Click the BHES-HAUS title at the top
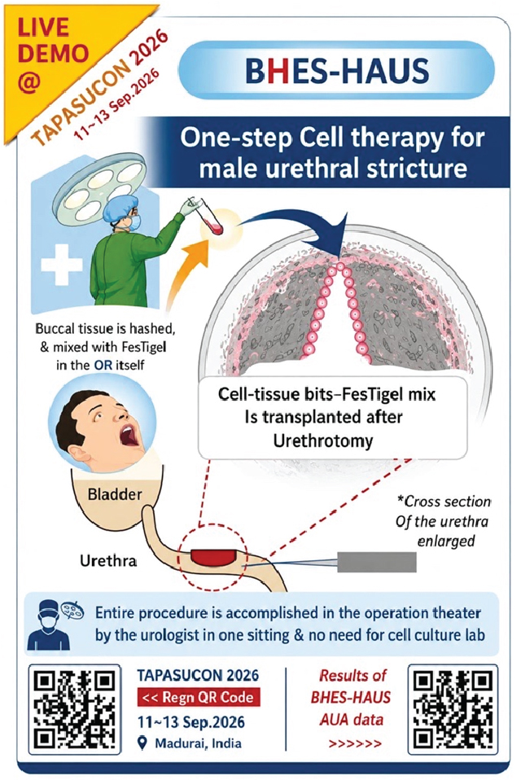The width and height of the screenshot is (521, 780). tap(337, 70)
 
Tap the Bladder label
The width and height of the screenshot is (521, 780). tap(115, 494)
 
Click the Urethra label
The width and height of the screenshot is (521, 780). tap(108, 561)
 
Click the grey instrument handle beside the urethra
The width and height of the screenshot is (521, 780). tap(377, 562)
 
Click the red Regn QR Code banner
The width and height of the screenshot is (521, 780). tap(199, 697)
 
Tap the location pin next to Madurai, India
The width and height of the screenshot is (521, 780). tap(142, 743)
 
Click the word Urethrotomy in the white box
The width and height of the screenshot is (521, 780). tap(323, 440)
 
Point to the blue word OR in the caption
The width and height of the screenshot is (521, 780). tap(103, 365)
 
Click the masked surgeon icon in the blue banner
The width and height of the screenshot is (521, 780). tap(45, 624)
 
